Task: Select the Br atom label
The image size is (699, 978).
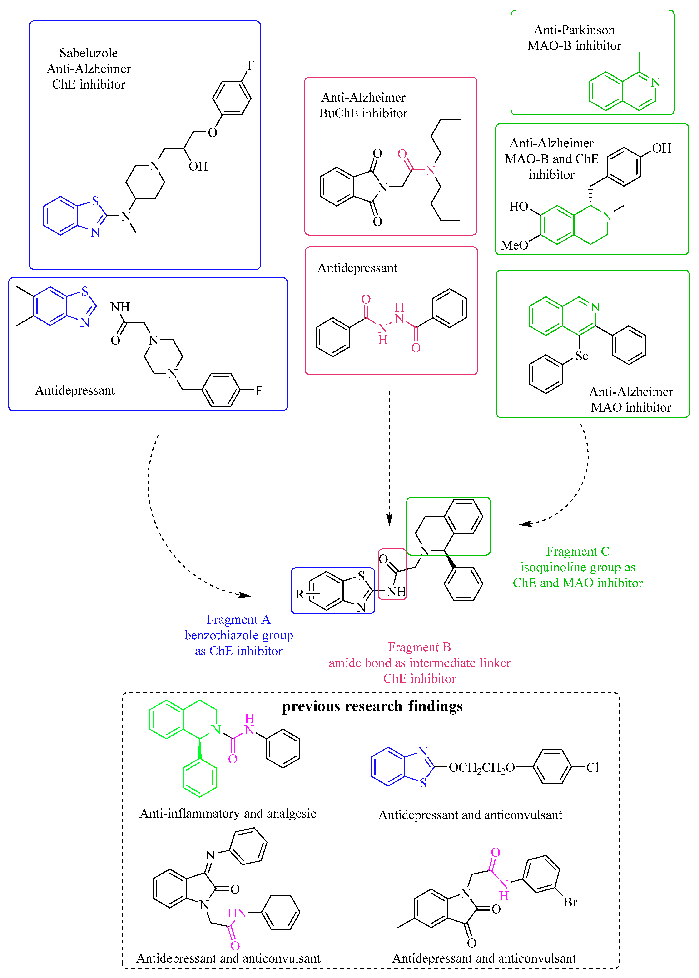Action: pyautogui.click(x=570, y=902)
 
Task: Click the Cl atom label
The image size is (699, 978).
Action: pyautogui.click(x=592, y=768)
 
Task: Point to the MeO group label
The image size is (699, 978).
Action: pyautogui.click(x=514, y=245)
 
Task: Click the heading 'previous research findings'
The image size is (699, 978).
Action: pyautogui.click(x=372, y=706)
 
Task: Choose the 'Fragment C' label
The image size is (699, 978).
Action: pyautogui.click(x=578, y=552)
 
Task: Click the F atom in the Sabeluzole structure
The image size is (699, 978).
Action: pyautogui.click(x=251, y=65)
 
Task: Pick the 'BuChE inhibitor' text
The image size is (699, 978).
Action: pyautogui.click(x=363, y=113)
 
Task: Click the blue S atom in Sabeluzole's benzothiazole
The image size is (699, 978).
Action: pyautogui.click(x=95, y=201)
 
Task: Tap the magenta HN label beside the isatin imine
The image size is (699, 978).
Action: pyautogui.click(x=237, y=913)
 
